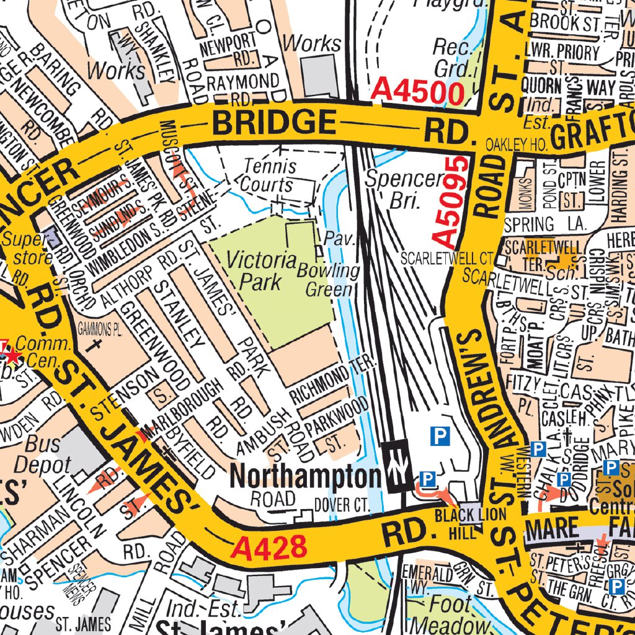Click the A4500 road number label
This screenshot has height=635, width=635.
pyautogui.click(x=418, y=93)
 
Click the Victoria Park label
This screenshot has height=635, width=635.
pyautogui.click(x=260, y=270)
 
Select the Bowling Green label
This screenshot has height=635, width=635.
pyautogui.click(x=329, y=280)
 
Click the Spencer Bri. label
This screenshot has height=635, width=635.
pyautogui.click(x=403, y=189)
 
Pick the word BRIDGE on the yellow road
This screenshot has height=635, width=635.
pyautogui.click(x=275, y=122)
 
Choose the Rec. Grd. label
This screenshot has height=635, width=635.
pyautogui.click(x=452, y=56)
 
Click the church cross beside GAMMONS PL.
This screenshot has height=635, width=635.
pyautogui.click(x=95, y=342)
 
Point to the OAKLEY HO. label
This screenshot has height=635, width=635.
pyautogui.click(x=516, y=144)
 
